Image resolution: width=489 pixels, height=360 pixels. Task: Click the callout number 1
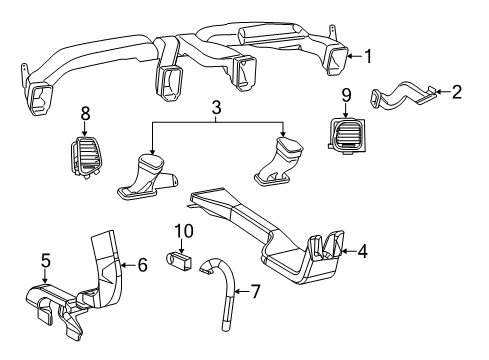click(x=368, y=59)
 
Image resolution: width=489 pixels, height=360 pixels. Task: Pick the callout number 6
click(x=142, y=264)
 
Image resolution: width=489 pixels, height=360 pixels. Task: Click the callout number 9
click(x=346, y=96)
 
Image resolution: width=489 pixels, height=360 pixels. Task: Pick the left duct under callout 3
click(x=150, y=176)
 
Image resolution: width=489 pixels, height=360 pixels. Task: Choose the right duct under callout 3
click(x=282, y=164)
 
